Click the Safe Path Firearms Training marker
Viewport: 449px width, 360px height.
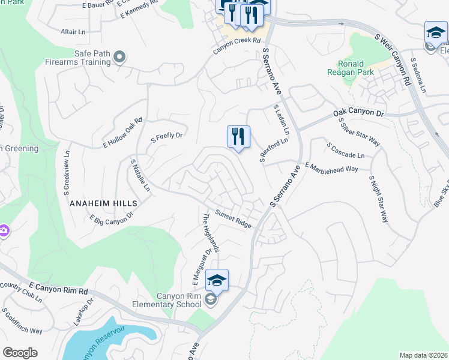120,58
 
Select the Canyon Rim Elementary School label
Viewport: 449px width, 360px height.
179,299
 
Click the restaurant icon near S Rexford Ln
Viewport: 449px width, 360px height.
238,137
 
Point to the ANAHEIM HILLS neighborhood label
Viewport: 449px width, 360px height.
104,203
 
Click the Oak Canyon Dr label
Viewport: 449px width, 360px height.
358,113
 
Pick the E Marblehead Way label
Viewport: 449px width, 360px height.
332,167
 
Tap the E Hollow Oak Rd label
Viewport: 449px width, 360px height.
122,133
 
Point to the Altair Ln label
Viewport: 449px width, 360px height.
73,31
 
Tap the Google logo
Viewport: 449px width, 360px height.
20,353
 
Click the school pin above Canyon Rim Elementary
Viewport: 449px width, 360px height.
217,280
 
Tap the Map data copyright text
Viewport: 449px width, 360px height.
423,355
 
